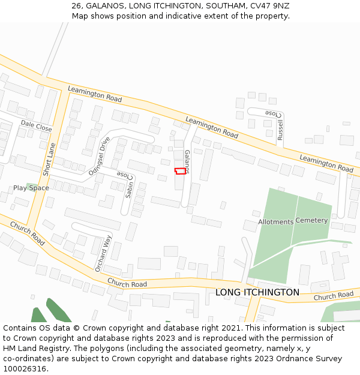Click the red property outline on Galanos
tap(180, 171)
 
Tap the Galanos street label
tap(187, 161)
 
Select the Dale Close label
tap(36, 125)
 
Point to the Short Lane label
tap(49, 159)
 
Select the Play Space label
tap(31, 188)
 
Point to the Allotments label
tap(275, 222)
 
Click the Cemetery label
tap(311, 220)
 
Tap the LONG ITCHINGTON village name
tap(257, 292)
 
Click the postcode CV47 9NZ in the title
tap(272, 5)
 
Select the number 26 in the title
tap(76, 5)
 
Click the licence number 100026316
tap(25, 368)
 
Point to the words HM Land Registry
tap(35, 348)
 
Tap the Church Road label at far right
tap(334, 295)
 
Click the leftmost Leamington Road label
tap(95, 94)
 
